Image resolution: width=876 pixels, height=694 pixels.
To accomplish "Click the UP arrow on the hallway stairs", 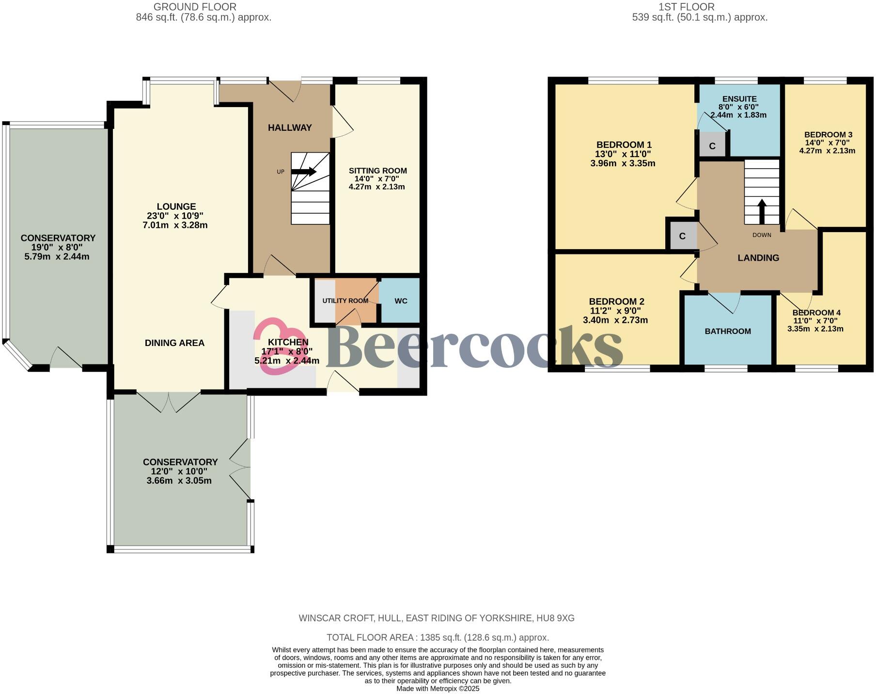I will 304,172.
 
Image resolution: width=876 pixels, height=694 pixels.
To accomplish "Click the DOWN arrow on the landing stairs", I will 761,211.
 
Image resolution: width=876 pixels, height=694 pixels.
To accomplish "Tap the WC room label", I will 401,301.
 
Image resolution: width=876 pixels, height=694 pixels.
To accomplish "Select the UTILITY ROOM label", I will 345,301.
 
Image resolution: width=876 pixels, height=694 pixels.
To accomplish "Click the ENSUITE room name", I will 739,99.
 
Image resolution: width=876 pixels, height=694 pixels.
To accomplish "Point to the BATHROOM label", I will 728,331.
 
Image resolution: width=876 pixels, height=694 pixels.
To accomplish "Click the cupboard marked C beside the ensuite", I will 712,146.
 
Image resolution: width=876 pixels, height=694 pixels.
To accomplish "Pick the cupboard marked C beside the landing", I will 682,236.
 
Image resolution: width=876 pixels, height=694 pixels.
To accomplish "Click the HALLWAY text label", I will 290,128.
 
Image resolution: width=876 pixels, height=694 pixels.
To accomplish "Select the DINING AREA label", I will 174,343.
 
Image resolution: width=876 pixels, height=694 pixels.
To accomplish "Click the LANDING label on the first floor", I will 758,258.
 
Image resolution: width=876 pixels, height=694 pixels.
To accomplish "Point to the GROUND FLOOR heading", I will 195,7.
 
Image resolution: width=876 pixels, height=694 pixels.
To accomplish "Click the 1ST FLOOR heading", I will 686,7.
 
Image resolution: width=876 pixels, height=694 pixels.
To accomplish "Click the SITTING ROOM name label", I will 378,171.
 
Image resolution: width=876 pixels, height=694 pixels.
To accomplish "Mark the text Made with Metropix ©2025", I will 438,688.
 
